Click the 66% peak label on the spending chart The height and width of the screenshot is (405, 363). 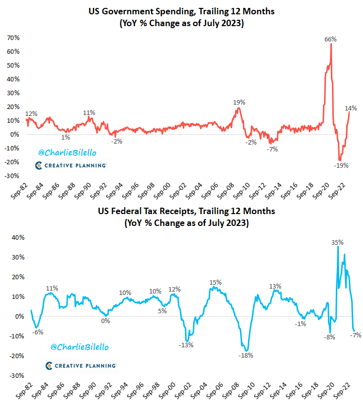[330, 39]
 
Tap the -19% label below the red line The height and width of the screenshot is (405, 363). [341, 165]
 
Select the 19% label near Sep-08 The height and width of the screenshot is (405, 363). [239, 102]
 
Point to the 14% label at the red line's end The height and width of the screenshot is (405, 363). [351, 108]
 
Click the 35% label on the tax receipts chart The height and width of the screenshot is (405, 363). [337, 242]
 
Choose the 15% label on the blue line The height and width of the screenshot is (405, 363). [215, 282]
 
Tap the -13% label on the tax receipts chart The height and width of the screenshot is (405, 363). [186, 345]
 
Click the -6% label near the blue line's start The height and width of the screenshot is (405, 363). [38, 332]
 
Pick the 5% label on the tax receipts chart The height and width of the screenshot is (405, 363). [161, 311]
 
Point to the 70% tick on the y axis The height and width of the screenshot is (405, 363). [13, 37]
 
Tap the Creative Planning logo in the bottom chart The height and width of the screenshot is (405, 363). [81, 366]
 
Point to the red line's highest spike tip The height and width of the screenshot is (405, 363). [331, 44]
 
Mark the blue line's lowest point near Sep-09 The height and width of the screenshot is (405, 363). [245, 351]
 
